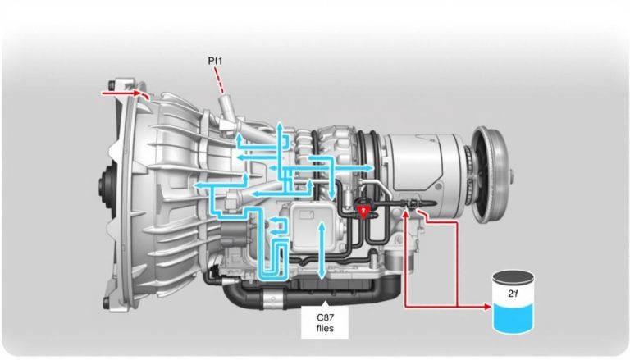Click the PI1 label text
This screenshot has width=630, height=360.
pyautogui.click(x=216, y=61)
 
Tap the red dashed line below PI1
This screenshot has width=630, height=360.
pyautogui.click(x=219, y=80)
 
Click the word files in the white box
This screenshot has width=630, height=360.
pyautogui.click(x=325, y=328)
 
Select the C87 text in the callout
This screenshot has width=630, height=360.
pyautogui.click(x=325, y=317)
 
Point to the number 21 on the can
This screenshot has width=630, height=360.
pyautogui.click(x=512, y=294)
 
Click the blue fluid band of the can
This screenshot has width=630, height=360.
pyautogui.click(x=514, y=317)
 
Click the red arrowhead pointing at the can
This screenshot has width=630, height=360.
pyautogui.click(x=487, y=307)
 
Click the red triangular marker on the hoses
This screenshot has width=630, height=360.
pyautogui.click(x=363, y=212)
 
